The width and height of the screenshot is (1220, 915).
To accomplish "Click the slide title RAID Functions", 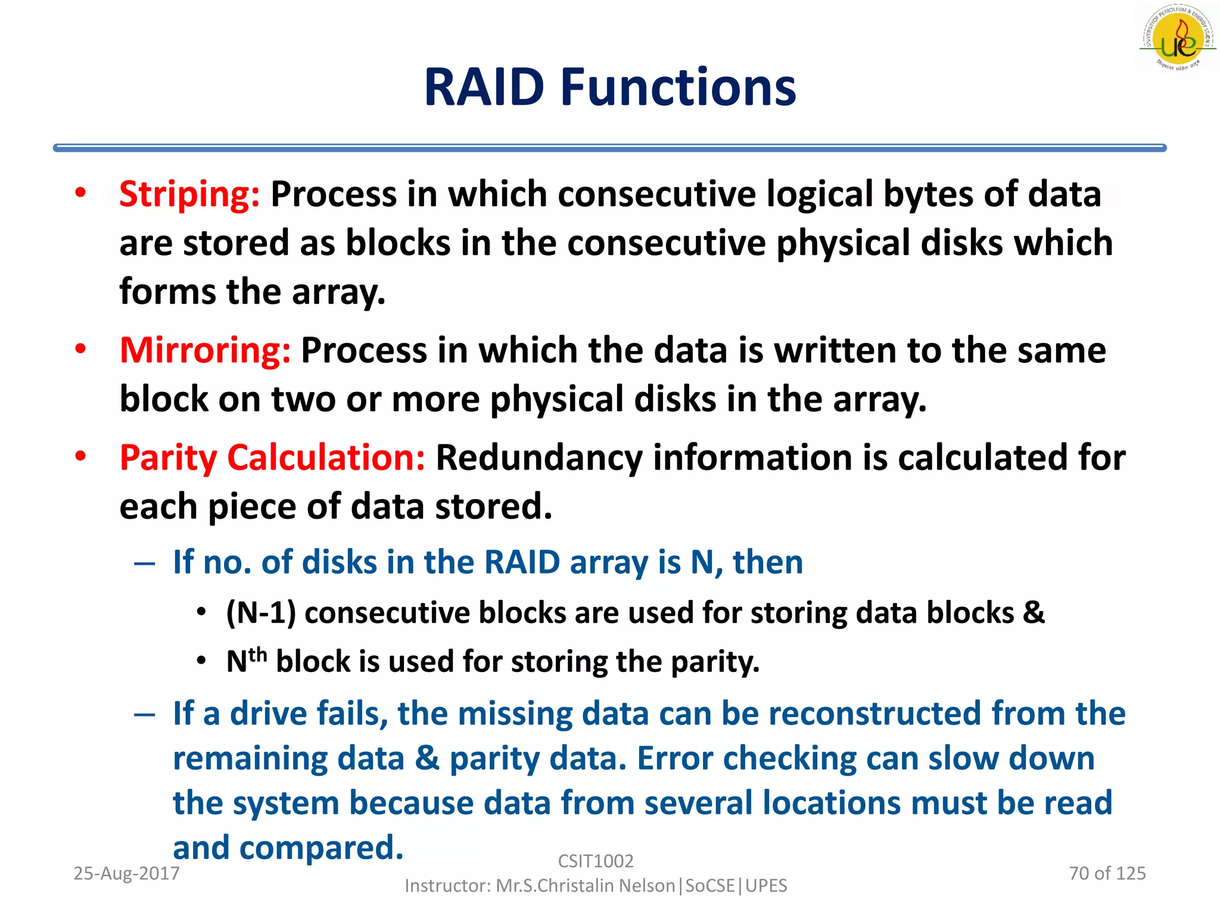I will coord(609,88).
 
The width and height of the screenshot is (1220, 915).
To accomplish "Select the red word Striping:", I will coord(189,194).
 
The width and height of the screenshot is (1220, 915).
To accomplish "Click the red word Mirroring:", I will coord(205,350).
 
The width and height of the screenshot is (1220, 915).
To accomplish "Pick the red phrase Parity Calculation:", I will coord(272,458).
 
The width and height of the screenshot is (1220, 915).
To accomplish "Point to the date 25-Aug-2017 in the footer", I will coord(126,873).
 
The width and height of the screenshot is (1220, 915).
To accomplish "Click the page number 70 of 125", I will coord(1107,873).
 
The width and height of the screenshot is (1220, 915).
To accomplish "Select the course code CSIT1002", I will coord(596,861).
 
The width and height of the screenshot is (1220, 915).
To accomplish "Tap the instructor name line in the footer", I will coord(596,886).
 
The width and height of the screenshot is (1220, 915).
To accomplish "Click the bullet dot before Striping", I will coord(80,192).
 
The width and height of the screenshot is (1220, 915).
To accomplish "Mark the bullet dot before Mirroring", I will coord(80,348).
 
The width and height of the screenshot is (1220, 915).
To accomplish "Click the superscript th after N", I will coord(257,655).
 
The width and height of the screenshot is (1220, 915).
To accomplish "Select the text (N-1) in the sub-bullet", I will coord(261,613).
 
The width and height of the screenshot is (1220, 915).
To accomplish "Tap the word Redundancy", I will coord(539,458).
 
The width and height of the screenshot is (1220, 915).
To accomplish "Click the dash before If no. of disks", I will coord(145,563).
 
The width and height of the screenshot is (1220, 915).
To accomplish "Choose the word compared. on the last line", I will coord(322,848).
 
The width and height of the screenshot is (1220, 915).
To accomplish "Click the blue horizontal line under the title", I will coord(609,148).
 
